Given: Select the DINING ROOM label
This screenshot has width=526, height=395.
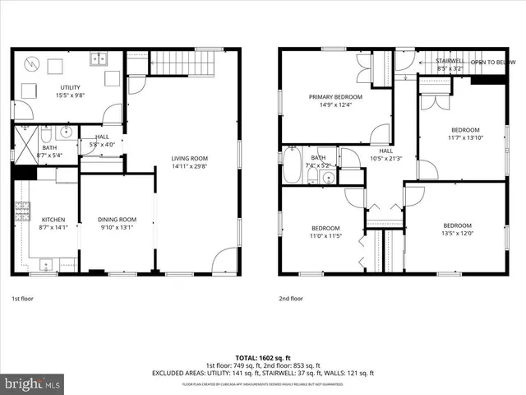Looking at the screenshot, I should tap(116, 220).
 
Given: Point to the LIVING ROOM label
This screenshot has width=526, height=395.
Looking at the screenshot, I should tap(189, 158).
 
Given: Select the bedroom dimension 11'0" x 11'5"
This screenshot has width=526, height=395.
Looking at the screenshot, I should tap(325, 236).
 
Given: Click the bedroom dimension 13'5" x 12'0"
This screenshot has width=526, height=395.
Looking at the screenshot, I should tap(458, 233).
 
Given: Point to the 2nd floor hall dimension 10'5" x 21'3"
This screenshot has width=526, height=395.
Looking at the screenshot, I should tap(385, 158).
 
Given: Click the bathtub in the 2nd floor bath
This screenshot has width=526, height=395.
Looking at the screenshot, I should tap(293, 167).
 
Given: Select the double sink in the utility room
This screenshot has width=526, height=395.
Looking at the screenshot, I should tap(99, 59).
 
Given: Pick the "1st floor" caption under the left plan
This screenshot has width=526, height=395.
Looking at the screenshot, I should tap(23, 299).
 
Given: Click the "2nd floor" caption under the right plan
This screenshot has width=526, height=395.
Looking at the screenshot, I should tap(291, 299).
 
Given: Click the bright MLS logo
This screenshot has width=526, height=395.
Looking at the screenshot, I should tap(31, 383).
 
